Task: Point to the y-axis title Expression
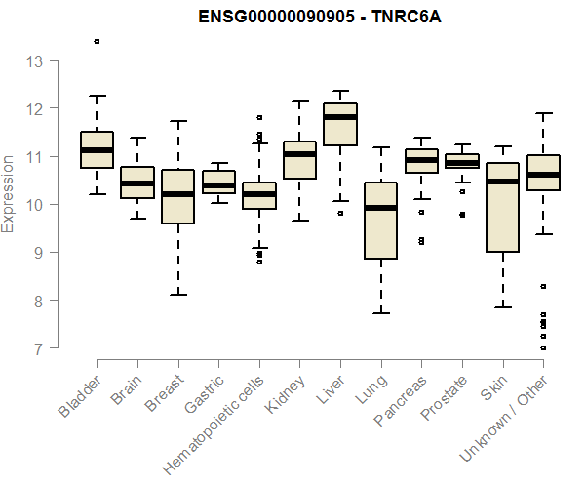(x=9, y=192)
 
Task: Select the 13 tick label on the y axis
(x=36, y=61)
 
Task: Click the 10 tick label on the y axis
(x=36, y=205)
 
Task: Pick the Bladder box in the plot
(x=97, y=149)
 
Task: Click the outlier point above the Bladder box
(x=97, y=41)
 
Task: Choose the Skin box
(x=503, y=207)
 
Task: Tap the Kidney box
(x=299, y=160)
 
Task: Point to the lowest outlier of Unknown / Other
(x=543, y=347)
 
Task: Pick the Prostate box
(x=462, y=161)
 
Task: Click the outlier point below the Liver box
(x=340, y=213)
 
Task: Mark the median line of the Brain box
(x=137, y=183)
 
